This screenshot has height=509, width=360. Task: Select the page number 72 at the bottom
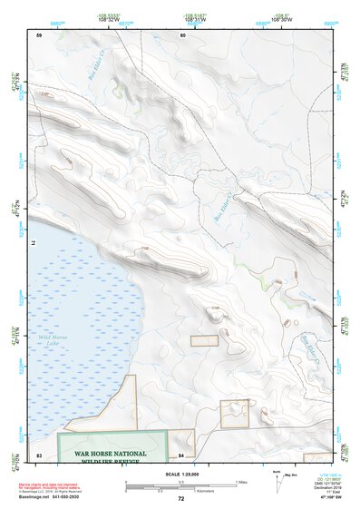(x=180, y=499)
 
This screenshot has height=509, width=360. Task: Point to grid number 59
(x=40, y=35)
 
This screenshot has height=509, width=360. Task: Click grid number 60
(x=182, y=35)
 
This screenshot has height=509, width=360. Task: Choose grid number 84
(x=182, y=454)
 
